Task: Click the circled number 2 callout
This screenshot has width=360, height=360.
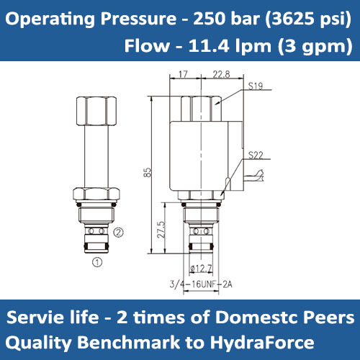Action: point(120,232)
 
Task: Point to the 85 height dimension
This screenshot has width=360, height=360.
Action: point(148,173)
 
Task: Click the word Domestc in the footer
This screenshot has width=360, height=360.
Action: point(260,317)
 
